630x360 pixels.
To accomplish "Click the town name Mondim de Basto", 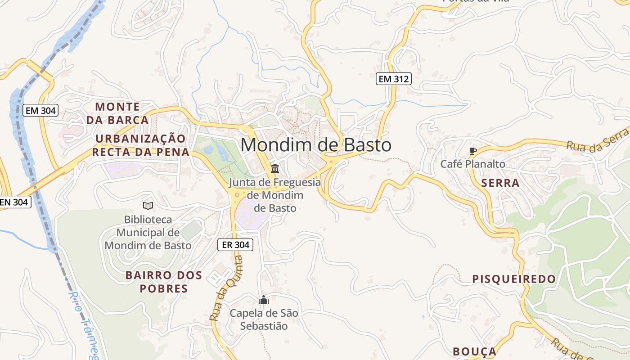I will click(x=316, y=145).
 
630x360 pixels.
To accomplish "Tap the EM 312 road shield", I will click(x=393, y=79).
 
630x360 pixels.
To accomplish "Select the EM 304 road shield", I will click(x=41, y=110).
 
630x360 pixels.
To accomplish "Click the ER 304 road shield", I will click(x=235, y=245).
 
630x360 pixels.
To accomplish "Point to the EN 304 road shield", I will click(x=14, y=202).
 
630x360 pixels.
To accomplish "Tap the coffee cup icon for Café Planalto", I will click(x=472, y=151).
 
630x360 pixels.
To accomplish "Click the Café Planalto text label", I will click(x=472, y=164).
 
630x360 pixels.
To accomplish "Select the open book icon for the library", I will click(x=148, y=206).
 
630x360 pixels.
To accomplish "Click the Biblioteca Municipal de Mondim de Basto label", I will click(x=148, y=233).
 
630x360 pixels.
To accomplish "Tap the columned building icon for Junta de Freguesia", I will click(x=275, y=169).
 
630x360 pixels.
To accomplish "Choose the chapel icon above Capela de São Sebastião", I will click(x=264, y=300).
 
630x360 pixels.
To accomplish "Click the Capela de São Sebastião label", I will click(x=264, y=319).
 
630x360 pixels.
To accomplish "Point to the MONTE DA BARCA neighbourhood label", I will click(x=117, y=113).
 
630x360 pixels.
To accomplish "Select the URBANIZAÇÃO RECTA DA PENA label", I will click(x=140, y=145).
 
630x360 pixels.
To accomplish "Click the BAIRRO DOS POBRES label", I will click(x=164, y=282).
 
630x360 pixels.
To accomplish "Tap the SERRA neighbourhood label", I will click(x=500, y=183).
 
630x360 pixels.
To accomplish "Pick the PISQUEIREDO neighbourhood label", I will click(x=514, y=279).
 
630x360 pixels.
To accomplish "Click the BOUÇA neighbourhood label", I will click(x=474, y=351).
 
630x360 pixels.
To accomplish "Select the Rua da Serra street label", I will click(x=598, y=140).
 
